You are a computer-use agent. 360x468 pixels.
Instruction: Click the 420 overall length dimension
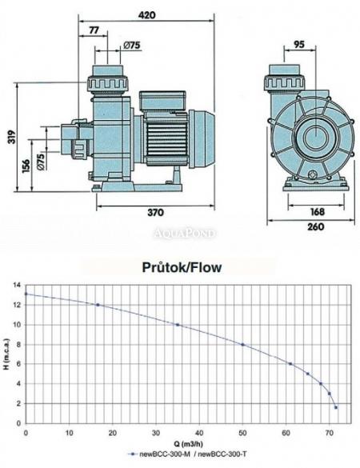tap(146, 15)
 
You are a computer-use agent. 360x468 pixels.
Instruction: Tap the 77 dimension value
tap(94, 30)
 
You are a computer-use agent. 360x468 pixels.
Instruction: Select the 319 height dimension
tap(12, 137)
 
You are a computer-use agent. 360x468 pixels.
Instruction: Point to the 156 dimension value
tap(26, 166)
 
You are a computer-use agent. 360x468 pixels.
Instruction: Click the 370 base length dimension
tap(155, 213)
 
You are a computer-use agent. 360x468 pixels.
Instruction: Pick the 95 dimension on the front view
tap(299, 44)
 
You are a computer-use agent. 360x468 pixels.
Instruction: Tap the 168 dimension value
tap(317, 212)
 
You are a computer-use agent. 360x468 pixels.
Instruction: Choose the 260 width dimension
tap(316, 227)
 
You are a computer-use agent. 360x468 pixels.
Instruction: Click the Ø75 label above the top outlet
tap(132, 45)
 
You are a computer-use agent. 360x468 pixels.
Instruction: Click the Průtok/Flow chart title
tap(182, 267)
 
